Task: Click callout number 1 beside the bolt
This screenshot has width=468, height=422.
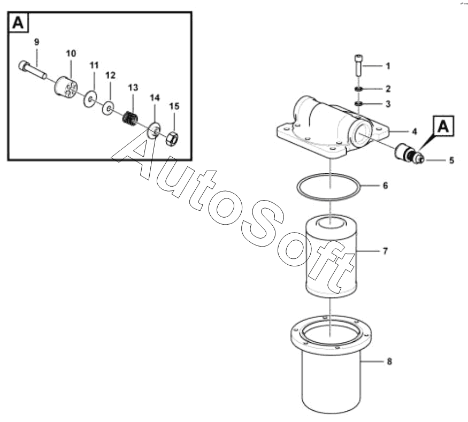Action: pos(388,66)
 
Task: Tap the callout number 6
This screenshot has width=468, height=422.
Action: pos(385,186)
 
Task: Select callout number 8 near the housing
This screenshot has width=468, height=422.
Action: pos(389,362)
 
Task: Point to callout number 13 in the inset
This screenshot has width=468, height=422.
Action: pos(133,87)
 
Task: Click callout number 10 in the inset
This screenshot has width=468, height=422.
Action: pos(71,53)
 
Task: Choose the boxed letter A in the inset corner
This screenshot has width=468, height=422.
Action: pos(18,22)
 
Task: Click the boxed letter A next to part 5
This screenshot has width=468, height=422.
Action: pos(443,126)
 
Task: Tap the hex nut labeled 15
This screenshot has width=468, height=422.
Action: pos(172,139)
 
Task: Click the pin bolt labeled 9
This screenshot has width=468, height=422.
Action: pos(33,70)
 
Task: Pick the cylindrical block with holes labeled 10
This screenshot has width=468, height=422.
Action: pos(66,87)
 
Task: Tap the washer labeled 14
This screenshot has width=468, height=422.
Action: pos(155,129)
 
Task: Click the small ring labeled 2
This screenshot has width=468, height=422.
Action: pos(358,89)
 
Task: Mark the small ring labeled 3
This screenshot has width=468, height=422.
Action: pos(358,104)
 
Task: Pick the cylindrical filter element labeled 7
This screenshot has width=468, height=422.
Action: pos(331,256)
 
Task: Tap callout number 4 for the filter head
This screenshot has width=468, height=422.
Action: pos(415,132)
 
